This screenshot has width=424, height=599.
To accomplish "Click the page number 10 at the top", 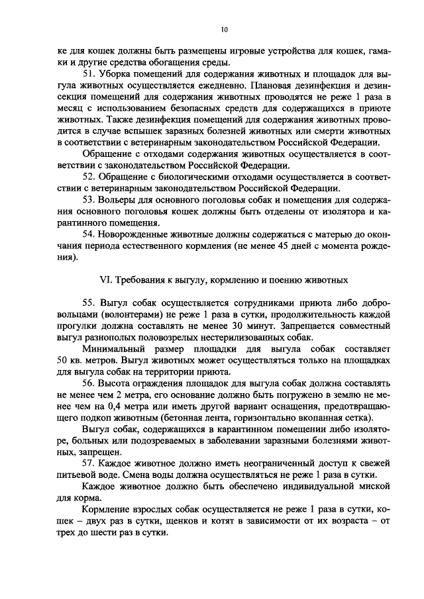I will tap(224, 30).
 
